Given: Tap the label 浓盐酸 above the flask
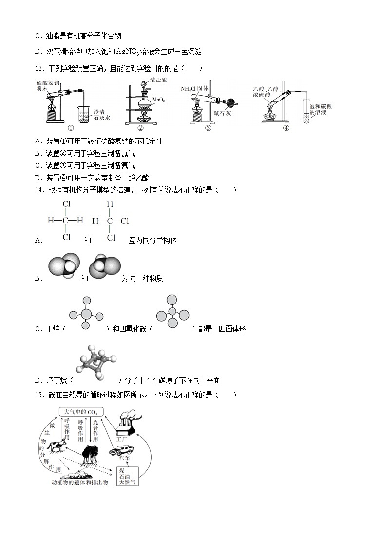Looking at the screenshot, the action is pos(158,80).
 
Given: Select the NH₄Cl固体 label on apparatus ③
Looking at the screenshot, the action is pos(194,89).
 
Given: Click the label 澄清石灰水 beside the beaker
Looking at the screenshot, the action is pos(102,115).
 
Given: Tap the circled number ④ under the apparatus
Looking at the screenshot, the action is pos(286,128).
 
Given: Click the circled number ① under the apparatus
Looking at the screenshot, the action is pos(71,128).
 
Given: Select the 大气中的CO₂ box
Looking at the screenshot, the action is pos(81,412).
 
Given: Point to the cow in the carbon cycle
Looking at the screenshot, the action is pos(57,446).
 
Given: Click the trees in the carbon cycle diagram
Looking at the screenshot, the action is pos(90,454).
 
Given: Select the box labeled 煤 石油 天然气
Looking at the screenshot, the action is pos(128,476).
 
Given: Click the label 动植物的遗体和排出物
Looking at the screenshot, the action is pos(80,483).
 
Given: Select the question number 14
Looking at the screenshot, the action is pos(39,190).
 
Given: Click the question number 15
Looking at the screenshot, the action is pos(39,395).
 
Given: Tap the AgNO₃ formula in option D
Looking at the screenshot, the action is pos(128,52).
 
